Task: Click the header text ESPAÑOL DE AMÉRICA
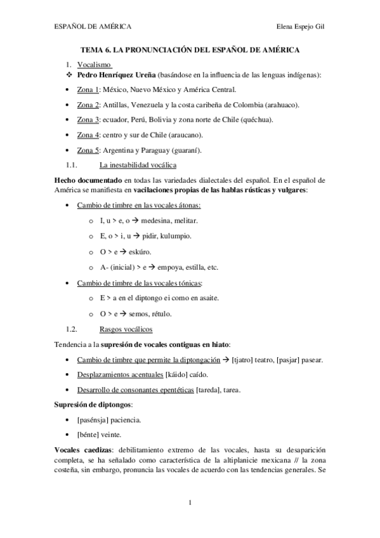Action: tap(92, 27)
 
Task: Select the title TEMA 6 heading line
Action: tap(190, 49)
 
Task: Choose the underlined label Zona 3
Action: tap(88, 119)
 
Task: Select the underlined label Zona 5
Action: tap(88, 150)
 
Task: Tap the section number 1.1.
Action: tap(71, 166)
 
